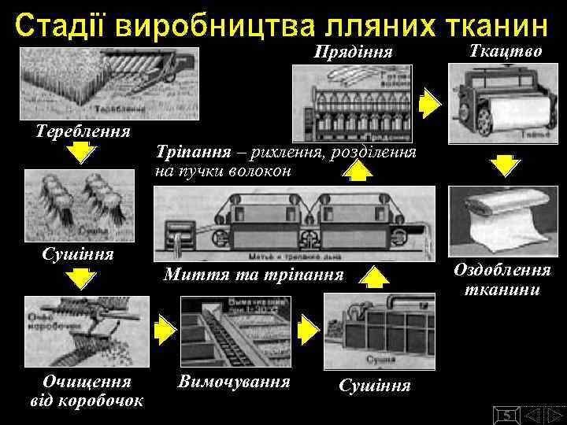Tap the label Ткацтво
click(494, 51)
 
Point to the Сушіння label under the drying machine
click(375, 386)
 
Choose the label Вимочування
click(234, 382)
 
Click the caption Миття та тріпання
click(254, 275)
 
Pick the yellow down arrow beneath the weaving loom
click(503, 166)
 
